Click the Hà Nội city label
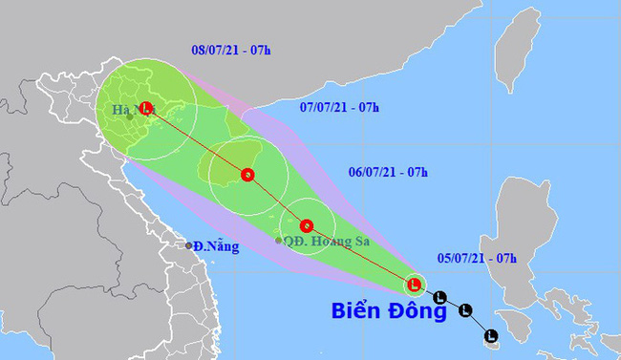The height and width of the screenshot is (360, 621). coord(126,110)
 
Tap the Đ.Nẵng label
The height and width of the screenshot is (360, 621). coord(215,246)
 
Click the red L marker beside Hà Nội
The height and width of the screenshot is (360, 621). coord(146,108)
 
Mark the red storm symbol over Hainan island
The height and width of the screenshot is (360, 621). coord(247,175)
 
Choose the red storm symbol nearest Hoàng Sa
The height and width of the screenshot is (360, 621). coord(306,226)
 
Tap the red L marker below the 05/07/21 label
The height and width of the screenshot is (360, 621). coord(414,284)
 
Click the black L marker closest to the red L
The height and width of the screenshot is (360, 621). coord(439,297)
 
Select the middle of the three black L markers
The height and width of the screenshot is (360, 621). coord(465,309)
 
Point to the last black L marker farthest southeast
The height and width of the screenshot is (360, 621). coord(490,335)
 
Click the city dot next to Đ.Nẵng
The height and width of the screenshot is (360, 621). coord(189,245)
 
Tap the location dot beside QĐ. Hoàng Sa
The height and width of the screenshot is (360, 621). coord(279,241)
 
